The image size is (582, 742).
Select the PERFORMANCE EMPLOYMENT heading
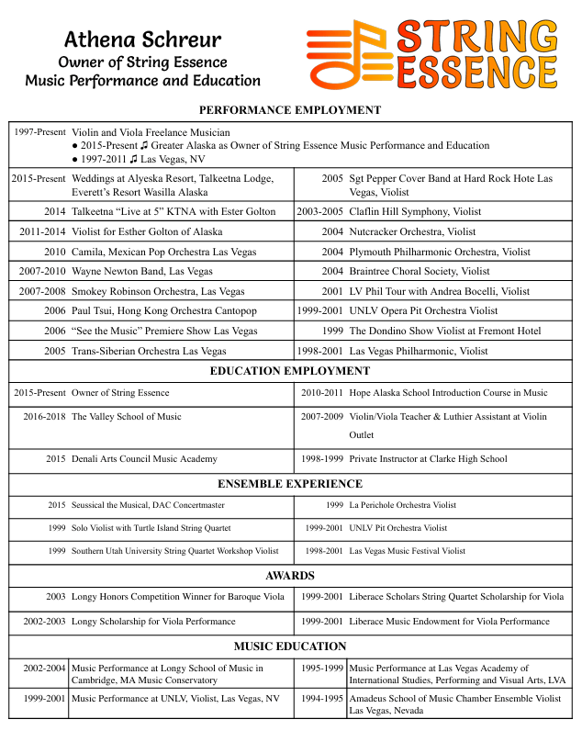pyautogui.click(x=290, y=110)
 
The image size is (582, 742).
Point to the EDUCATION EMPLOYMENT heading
pyautogui.click(x=290, y=371)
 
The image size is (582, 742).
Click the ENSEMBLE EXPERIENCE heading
pyautogui.click(x=290, y=484)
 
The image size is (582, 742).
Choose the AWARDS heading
pyautogui.click(x=290, y=576)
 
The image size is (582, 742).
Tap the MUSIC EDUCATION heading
pyautogui.click(x=290, y=646)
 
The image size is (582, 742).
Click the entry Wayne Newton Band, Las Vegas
pyautogui.click(x=141, y=272)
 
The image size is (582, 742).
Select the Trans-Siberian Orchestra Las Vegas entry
pyautogui.click(x=149, y=351)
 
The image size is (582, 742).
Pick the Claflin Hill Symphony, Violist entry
pyautogui.click(x=415, y=212)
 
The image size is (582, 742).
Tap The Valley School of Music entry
pyautogui.click(x=127, y=417)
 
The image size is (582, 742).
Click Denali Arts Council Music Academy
pyautogui.click(x=144, y=459)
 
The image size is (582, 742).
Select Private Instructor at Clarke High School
pyautogui.click(x=428, y=459)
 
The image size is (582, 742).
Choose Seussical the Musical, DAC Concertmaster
pyautogui.click(x=148, y=505)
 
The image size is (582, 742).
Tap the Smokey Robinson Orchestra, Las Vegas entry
pyautogui.click(x=158, y=291)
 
